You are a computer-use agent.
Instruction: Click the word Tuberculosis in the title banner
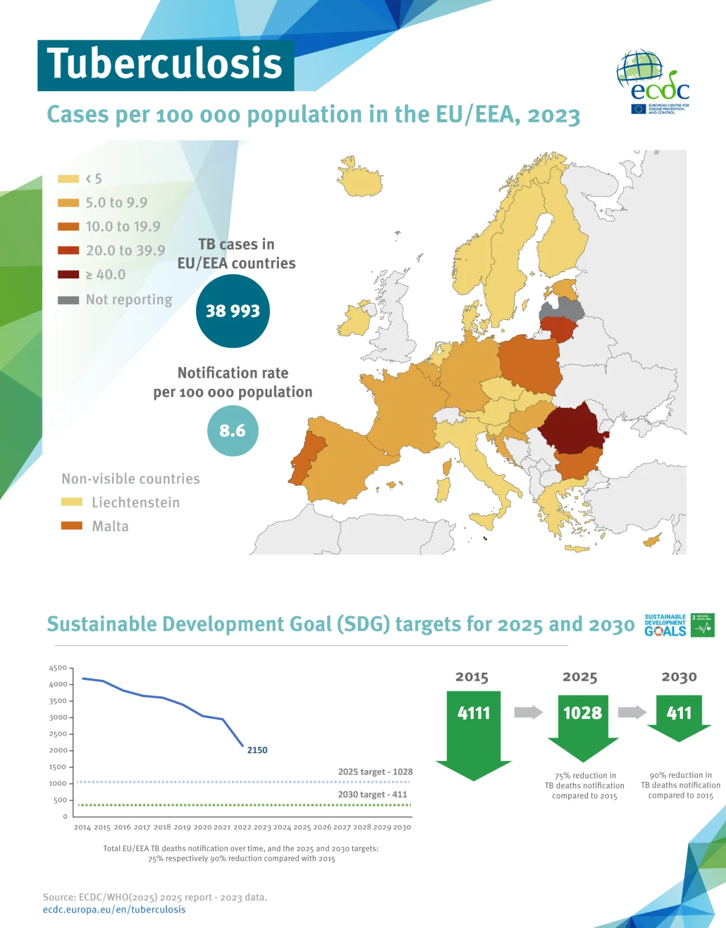pyautogui.click(x=165, y=64)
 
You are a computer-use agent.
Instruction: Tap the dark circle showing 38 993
pyautogui.click(x=232, y=311)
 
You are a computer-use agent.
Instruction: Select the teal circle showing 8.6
pyautogui.click(x=232, y=431)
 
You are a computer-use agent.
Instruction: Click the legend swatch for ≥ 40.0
pyautogui.click(x=68, y=274)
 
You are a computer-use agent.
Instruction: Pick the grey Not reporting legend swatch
pyautogui.click(x=68, y=300)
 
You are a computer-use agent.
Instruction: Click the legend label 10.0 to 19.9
pyautogui.click(x=123, y=227)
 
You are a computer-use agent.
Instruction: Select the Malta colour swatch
pyautogui.click(x=72, y=526)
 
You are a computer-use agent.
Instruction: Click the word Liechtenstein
pyautogui.click(x=136, y=502)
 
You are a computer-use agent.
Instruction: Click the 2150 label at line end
pyautogui.click(x=257, y=750)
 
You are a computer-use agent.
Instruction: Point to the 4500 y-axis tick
pyautogui.click(x=58, y=668)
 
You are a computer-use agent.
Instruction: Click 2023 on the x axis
pyautogui.click(x=262, y=827)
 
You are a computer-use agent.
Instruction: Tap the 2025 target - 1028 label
pyautogui.click(x=375, y=772)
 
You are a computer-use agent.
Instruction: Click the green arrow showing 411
pyautogui.click(x=679, y=715)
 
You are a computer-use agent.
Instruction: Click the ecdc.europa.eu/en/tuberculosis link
pyautogui.click(x=114, y=910)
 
